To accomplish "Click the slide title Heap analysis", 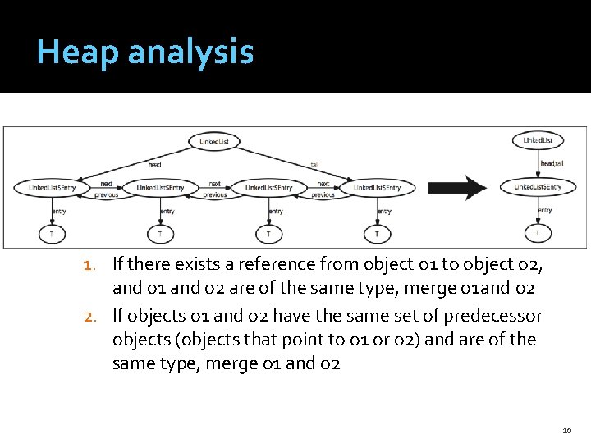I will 145,53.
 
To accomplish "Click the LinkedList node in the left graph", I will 219,141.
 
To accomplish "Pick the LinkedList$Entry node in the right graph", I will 538,187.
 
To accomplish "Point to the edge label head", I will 154,164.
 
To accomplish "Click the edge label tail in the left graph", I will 314,164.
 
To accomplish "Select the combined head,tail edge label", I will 552,163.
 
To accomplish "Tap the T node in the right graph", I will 538,233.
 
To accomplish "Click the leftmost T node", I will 52,235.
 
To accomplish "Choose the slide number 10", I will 566,430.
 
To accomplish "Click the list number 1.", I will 91,264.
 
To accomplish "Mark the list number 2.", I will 91,316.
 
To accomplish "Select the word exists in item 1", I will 187,264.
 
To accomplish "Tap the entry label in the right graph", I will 544,210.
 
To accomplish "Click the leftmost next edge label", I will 106,184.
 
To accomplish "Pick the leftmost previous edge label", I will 106,195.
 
